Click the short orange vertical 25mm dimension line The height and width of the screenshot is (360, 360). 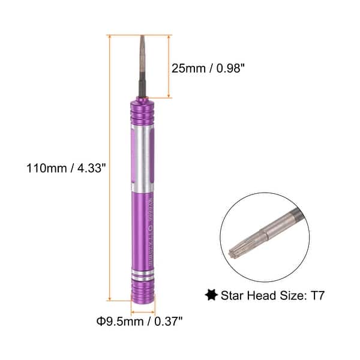pos(170,66)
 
